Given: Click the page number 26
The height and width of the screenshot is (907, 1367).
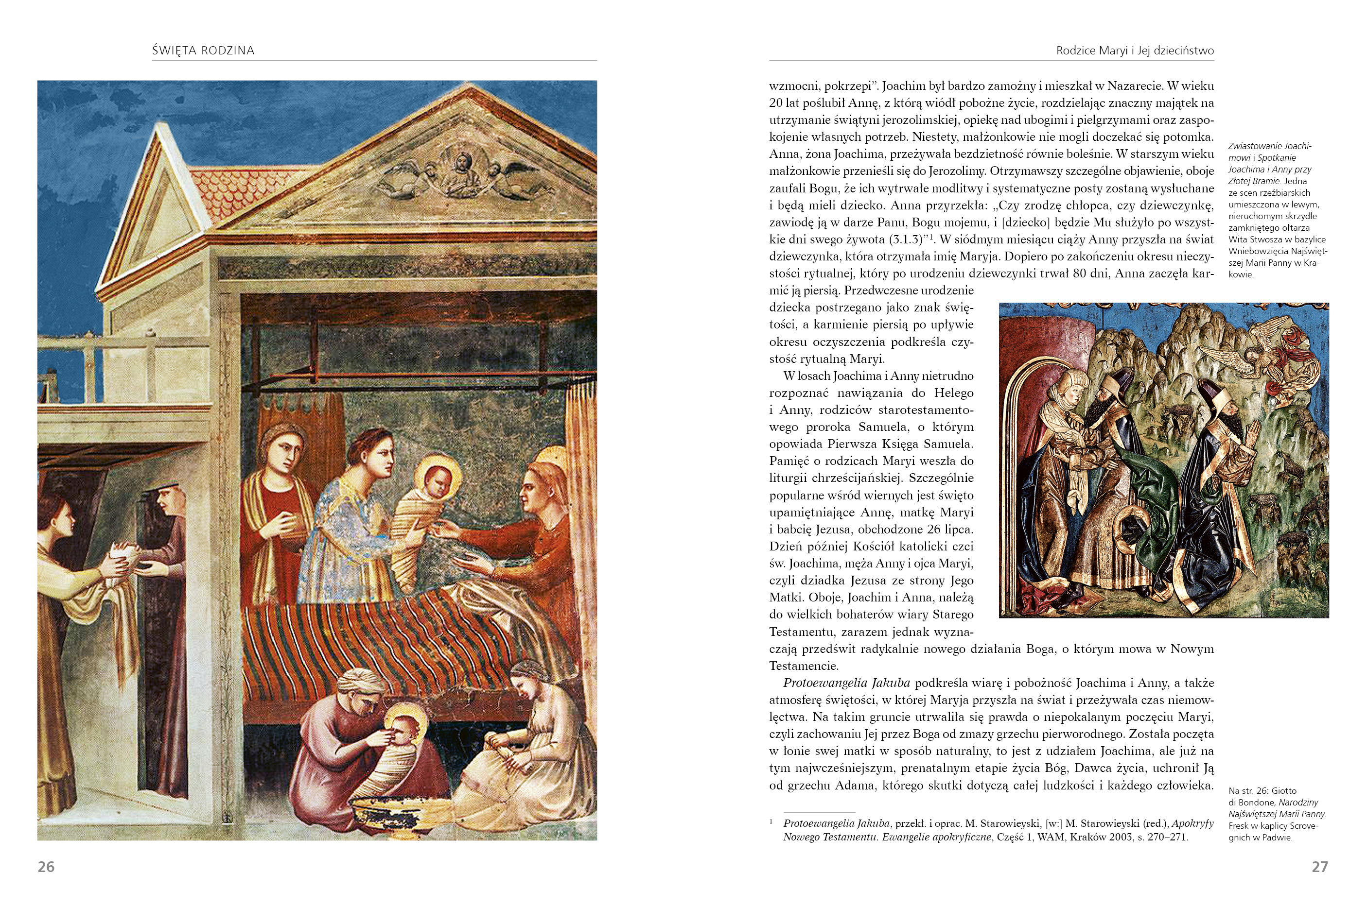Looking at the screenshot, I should (46, 867).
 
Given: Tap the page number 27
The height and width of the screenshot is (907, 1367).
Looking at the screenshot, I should (1319, 867).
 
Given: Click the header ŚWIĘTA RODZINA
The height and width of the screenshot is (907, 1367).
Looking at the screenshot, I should (203, 51).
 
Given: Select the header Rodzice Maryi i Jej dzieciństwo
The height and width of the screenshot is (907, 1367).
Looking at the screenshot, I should (1134, 51).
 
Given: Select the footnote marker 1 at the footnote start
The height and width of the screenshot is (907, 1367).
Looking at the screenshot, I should (771, 821).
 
